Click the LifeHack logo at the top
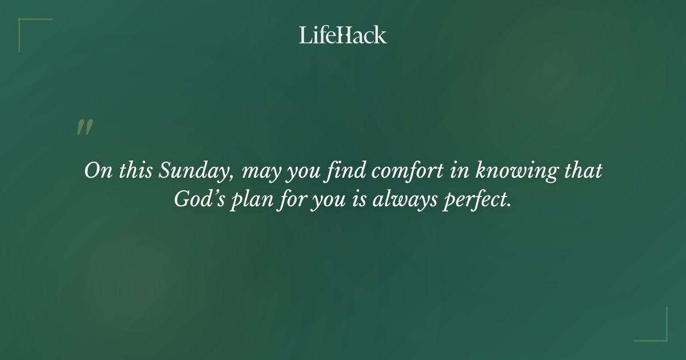pyautogui.click(x=343, y=35)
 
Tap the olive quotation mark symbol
pyautogui.click(x=85, y=127)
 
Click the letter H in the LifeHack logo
pyautogui.click(x=345, y=35)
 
